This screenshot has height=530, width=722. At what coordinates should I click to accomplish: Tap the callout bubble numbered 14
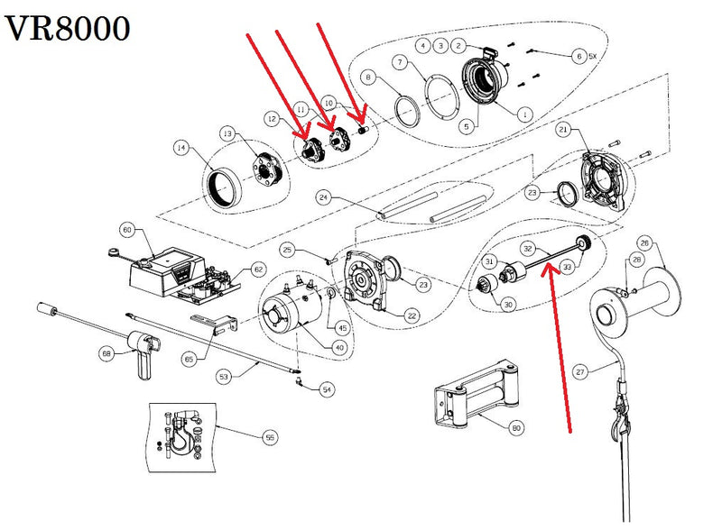click(x=182, y=150)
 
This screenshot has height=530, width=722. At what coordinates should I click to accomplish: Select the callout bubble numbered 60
click(x=127, y=231)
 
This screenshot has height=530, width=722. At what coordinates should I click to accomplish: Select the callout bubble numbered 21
click(x=563, y=132)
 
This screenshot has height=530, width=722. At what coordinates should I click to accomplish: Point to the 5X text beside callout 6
click(x=592, y=56)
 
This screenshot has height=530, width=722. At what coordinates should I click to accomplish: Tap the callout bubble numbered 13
click(x=227, y=134)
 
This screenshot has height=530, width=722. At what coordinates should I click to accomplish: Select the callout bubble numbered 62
click(x=258, y=269)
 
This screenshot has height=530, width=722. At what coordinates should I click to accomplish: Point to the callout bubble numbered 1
click(x=526, y=114)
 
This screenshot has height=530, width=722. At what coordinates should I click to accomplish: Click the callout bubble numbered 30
click(x=509, y=306)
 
